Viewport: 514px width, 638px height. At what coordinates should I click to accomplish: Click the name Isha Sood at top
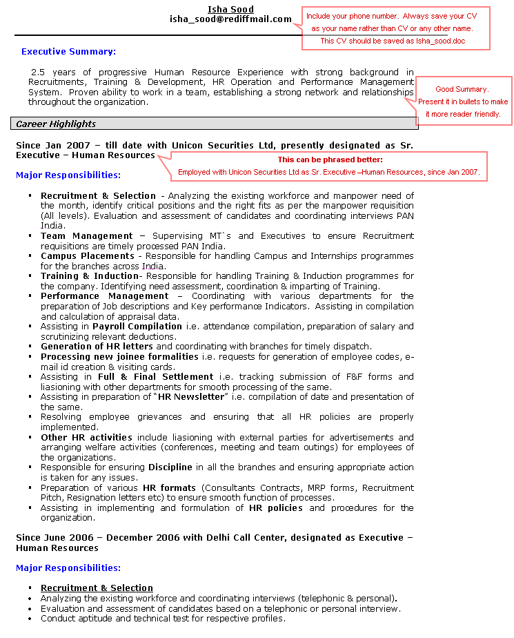click(230, 9)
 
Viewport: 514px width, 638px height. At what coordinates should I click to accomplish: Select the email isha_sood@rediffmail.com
click(230, 19)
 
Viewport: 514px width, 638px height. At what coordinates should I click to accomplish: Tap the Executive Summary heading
click(68, 52)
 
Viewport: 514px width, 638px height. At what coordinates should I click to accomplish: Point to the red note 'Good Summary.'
click(462, 89)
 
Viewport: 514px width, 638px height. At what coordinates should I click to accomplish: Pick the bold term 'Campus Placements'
click(87, 255)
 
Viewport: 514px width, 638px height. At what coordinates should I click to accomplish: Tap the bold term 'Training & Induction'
click(90, 275)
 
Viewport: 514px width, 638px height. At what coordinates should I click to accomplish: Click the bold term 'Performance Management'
click(104, 296)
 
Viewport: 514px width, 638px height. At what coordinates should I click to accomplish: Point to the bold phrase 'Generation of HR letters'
click(97, 346)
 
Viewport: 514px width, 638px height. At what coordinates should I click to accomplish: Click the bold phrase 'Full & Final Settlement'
click(155, 376)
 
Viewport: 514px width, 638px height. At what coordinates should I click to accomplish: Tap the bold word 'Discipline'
click(170, 467)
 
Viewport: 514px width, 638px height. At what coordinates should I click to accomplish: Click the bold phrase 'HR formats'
click(169, 487)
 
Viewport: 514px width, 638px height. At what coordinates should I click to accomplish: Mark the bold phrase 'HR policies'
click(275, 507)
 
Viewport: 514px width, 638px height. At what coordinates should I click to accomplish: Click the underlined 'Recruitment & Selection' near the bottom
click(97, 588)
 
